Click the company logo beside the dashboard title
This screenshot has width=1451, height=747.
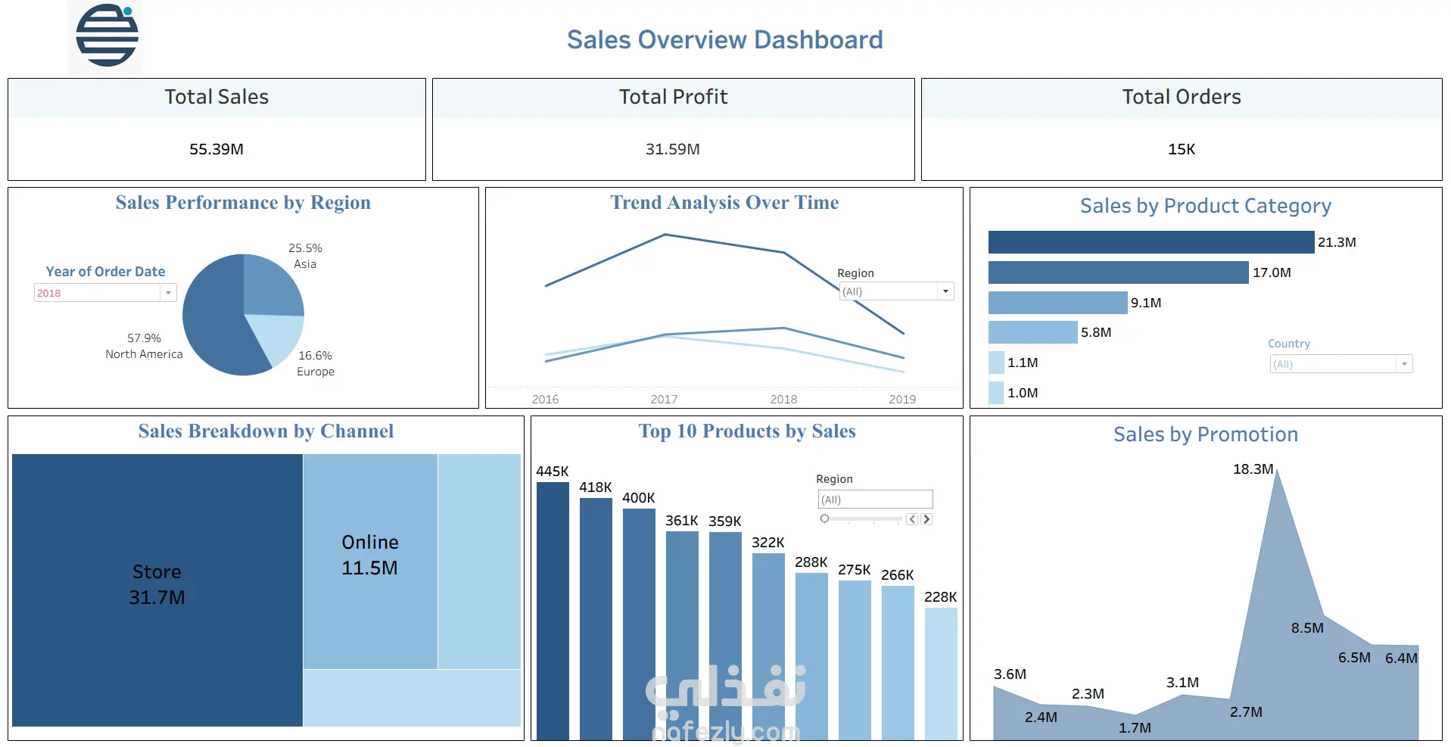pyautogui.click(x=107, y=36)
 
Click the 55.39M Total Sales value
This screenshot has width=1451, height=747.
pyautogui.click(x=216, y=149)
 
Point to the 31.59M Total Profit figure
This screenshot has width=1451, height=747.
pyautogui.click(x=672, y=149)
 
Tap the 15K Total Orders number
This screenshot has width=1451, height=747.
pyautogui.click(x=1181, y=149)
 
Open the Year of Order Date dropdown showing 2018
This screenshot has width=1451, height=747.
pyautogui.click(x=168, y=293)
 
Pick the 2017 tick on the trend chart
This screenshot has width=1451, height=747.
pyautogui.click(x=664, y=399)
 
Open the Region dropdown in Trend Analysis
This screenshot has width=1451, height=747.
pyautogui.click(x=945, y=291)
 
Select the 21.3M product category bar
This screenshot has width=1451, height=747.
pyautogui.click(x=1151, y=242)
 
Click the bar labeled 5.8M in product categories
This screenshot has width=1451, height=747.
pyautogui.click(x=1032, y=332)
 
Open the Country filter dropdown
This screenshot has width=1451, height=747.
pyautogui.click(x=1403, y=364)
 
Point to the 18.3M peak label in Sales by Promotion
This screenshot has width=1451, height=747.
pyautogui.click(x=1253, y=469)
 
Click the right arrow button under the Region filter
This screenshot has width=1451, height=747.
pyautogui.click(x=926, y=519)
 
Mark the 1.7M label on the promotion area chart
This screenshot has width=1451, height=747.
pyautogui.click(x=1135, y=728)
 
